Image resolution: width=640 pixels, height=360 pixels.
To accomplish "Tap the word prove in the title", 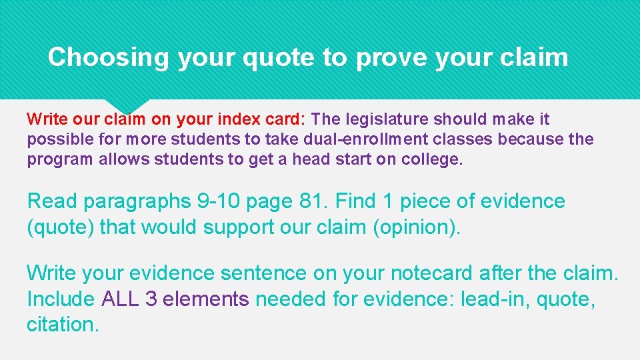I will click(x=391, y=57).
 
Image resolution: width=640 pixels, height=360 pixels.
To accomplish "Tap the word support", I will click(x=237, y=227).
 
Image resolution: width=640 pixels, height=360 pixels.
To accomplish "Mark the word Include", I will click(x=61, y=299).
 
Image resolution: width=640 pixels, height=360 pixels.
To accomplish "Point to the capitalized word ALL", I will click(x=120, y=299).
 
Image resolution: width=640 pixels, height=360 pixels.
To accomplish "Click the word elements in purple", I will click(x=205, y=299).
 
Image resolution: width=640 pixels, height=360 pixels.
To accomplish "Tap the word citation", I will click(x=63, y=324).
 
